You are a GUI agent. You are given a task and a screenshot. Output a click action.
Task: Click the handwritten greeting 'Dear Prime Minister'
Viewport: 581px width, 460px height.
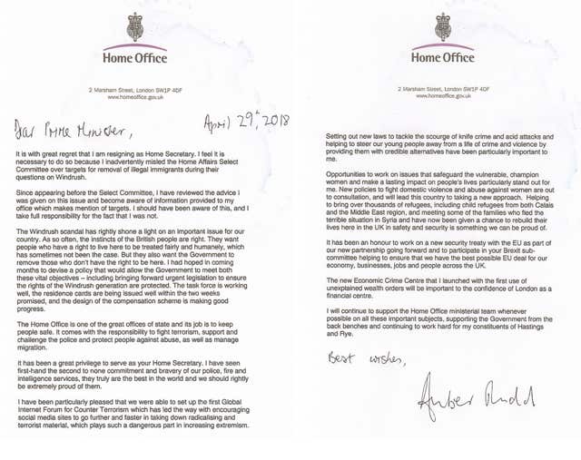click(74, 129)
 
